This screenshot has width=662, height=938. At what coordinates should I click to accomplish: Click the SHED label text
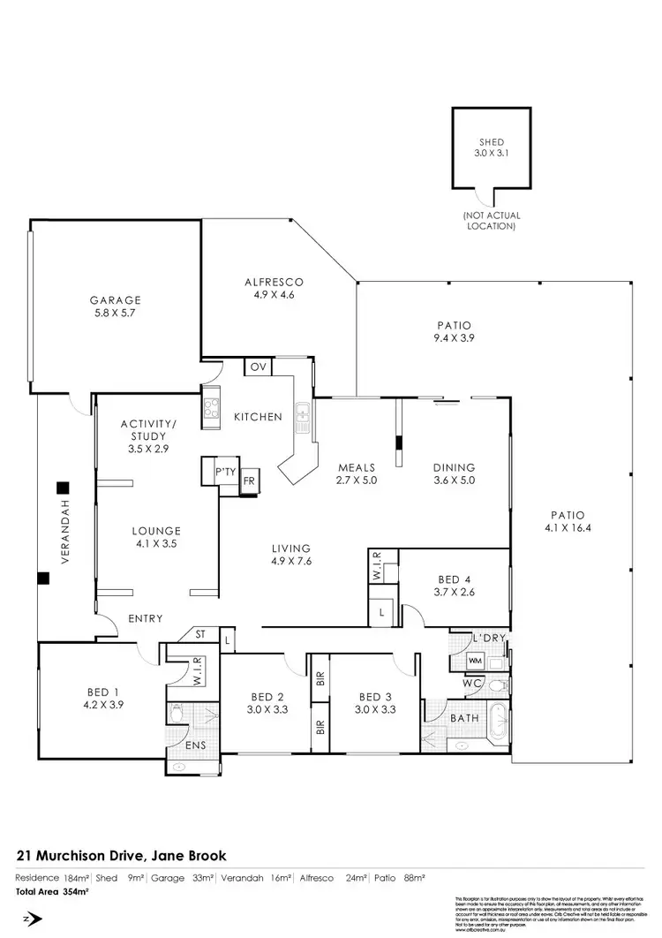click(x=491, y=142)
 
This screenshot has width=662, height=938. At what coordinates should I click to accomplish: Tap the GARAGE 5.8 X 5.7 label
click(x=115, y=306)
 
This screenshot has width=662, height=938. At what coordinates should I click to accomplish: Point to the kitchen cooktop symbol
click(x=212, y=408)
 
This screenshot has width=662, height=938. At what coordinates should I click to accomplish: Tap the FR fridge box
click(x=249, y=481)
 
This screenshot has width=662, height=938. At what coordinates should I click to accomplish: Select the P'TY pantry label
click(x=223, y=473)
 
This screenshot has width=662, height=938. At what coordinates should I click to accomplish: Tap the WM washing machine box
click(x=474, y=660)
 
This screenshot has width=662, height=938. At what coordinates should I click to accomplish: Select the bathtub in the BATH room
click(x=493, y=719)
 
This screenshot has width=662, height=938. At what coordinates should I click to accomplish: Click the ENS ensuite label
click(x=194, y=745)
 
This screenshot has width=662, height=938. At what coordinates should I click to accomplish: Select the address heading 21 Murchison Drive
click(x=122, y=855)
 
